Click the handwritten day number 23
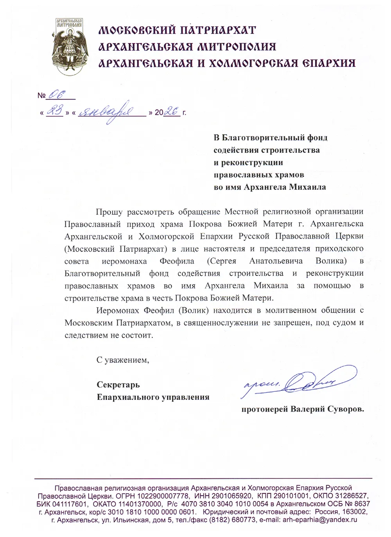(x=54, y=112)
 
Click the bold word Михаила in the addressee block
(x=307, y=187)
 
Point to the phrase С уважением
(x=123, y=360)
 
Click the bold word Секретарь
(x=118, y=385)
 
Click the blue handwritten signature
(x=297, y=383)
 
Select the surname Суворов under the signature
(x=346, y=409)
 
